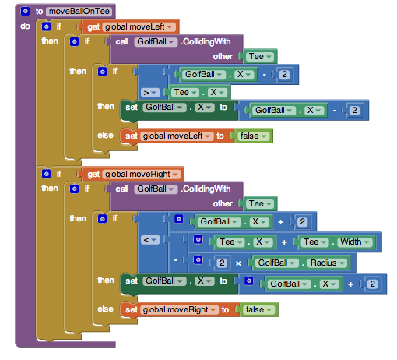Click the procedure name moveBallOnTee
(79, 12)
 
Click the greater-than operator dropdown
(150, 93)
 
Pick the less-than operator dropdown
(150, 240)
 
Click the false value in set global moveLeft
(254, 136)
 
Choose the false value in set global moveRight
(259, 309)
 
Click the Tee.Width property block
(337, 242)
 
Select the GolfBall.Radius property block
(301, 263)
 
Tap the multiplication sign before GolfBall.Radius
(238, 263)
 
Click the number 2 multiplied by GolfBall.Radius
(222, 263)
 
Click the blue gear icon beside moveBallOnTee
(25, 11)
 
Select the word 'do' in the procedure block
(25, 26)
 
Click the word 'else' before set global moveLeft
(105, 136)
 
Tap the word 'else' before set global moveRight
(105, 309)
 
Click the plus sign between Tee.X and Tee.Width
(284, 242)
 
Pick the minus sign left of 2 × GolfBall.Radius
(176, 259)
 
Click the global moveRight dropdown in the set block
(179, 310)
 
